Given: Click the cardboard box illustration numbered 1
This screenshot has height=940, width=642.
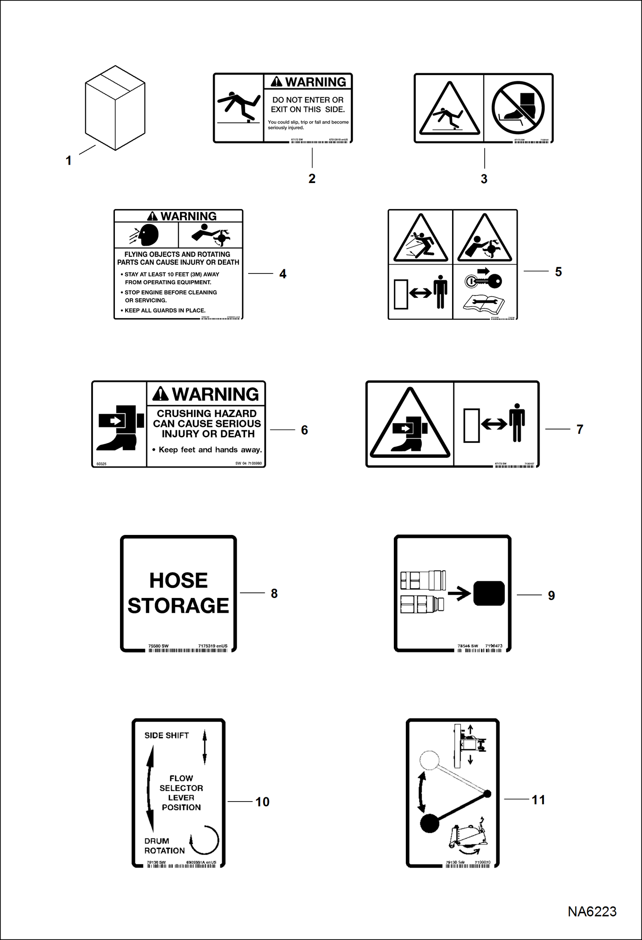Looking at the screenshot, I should coord(115,108).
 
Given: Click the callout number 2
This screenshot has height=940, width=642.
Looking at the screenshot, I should coord(312,178).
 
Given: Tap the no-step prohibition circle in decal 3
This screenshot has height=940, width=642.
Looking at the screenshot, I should coord(518,108).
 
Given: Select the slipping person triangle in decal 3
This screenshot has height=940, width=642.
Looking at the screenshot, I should coord(449,109).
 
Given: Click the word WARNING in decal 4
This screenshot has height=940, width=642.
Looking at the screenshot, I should coord(188,216).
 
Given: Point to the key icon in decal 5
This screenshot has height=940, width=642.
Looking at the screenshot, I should coord(484,281).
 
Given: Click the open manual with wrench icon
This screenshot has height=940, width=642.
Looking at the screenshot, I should coord(484,303).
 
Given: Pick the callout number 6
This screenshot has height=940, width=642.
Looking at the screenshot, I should coord(304,430).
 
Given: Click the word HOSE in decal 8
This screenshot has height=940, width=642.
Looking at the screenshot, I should coord(178,580).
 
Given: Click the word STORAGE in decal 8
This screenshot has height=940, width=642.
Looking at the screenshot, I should coord(178,605).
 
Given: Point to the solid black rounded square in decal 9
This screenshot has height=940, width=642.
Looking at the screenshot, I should coord(489,593).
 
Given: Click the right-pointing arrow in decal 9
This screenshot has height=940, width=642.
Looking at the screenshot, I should coord(459,594).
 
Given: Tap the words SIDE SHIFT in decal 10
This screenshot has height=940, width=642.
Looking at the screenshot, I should coord(166,736).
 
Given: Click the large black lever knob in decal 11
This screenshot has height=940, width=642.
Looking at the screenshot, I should coord(430,823).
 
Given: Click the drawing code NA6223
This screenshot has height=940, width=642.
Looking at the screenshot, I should coord(592,911).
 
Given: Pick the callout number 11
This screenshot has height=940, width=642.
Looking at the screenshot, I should coord(538,800).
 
